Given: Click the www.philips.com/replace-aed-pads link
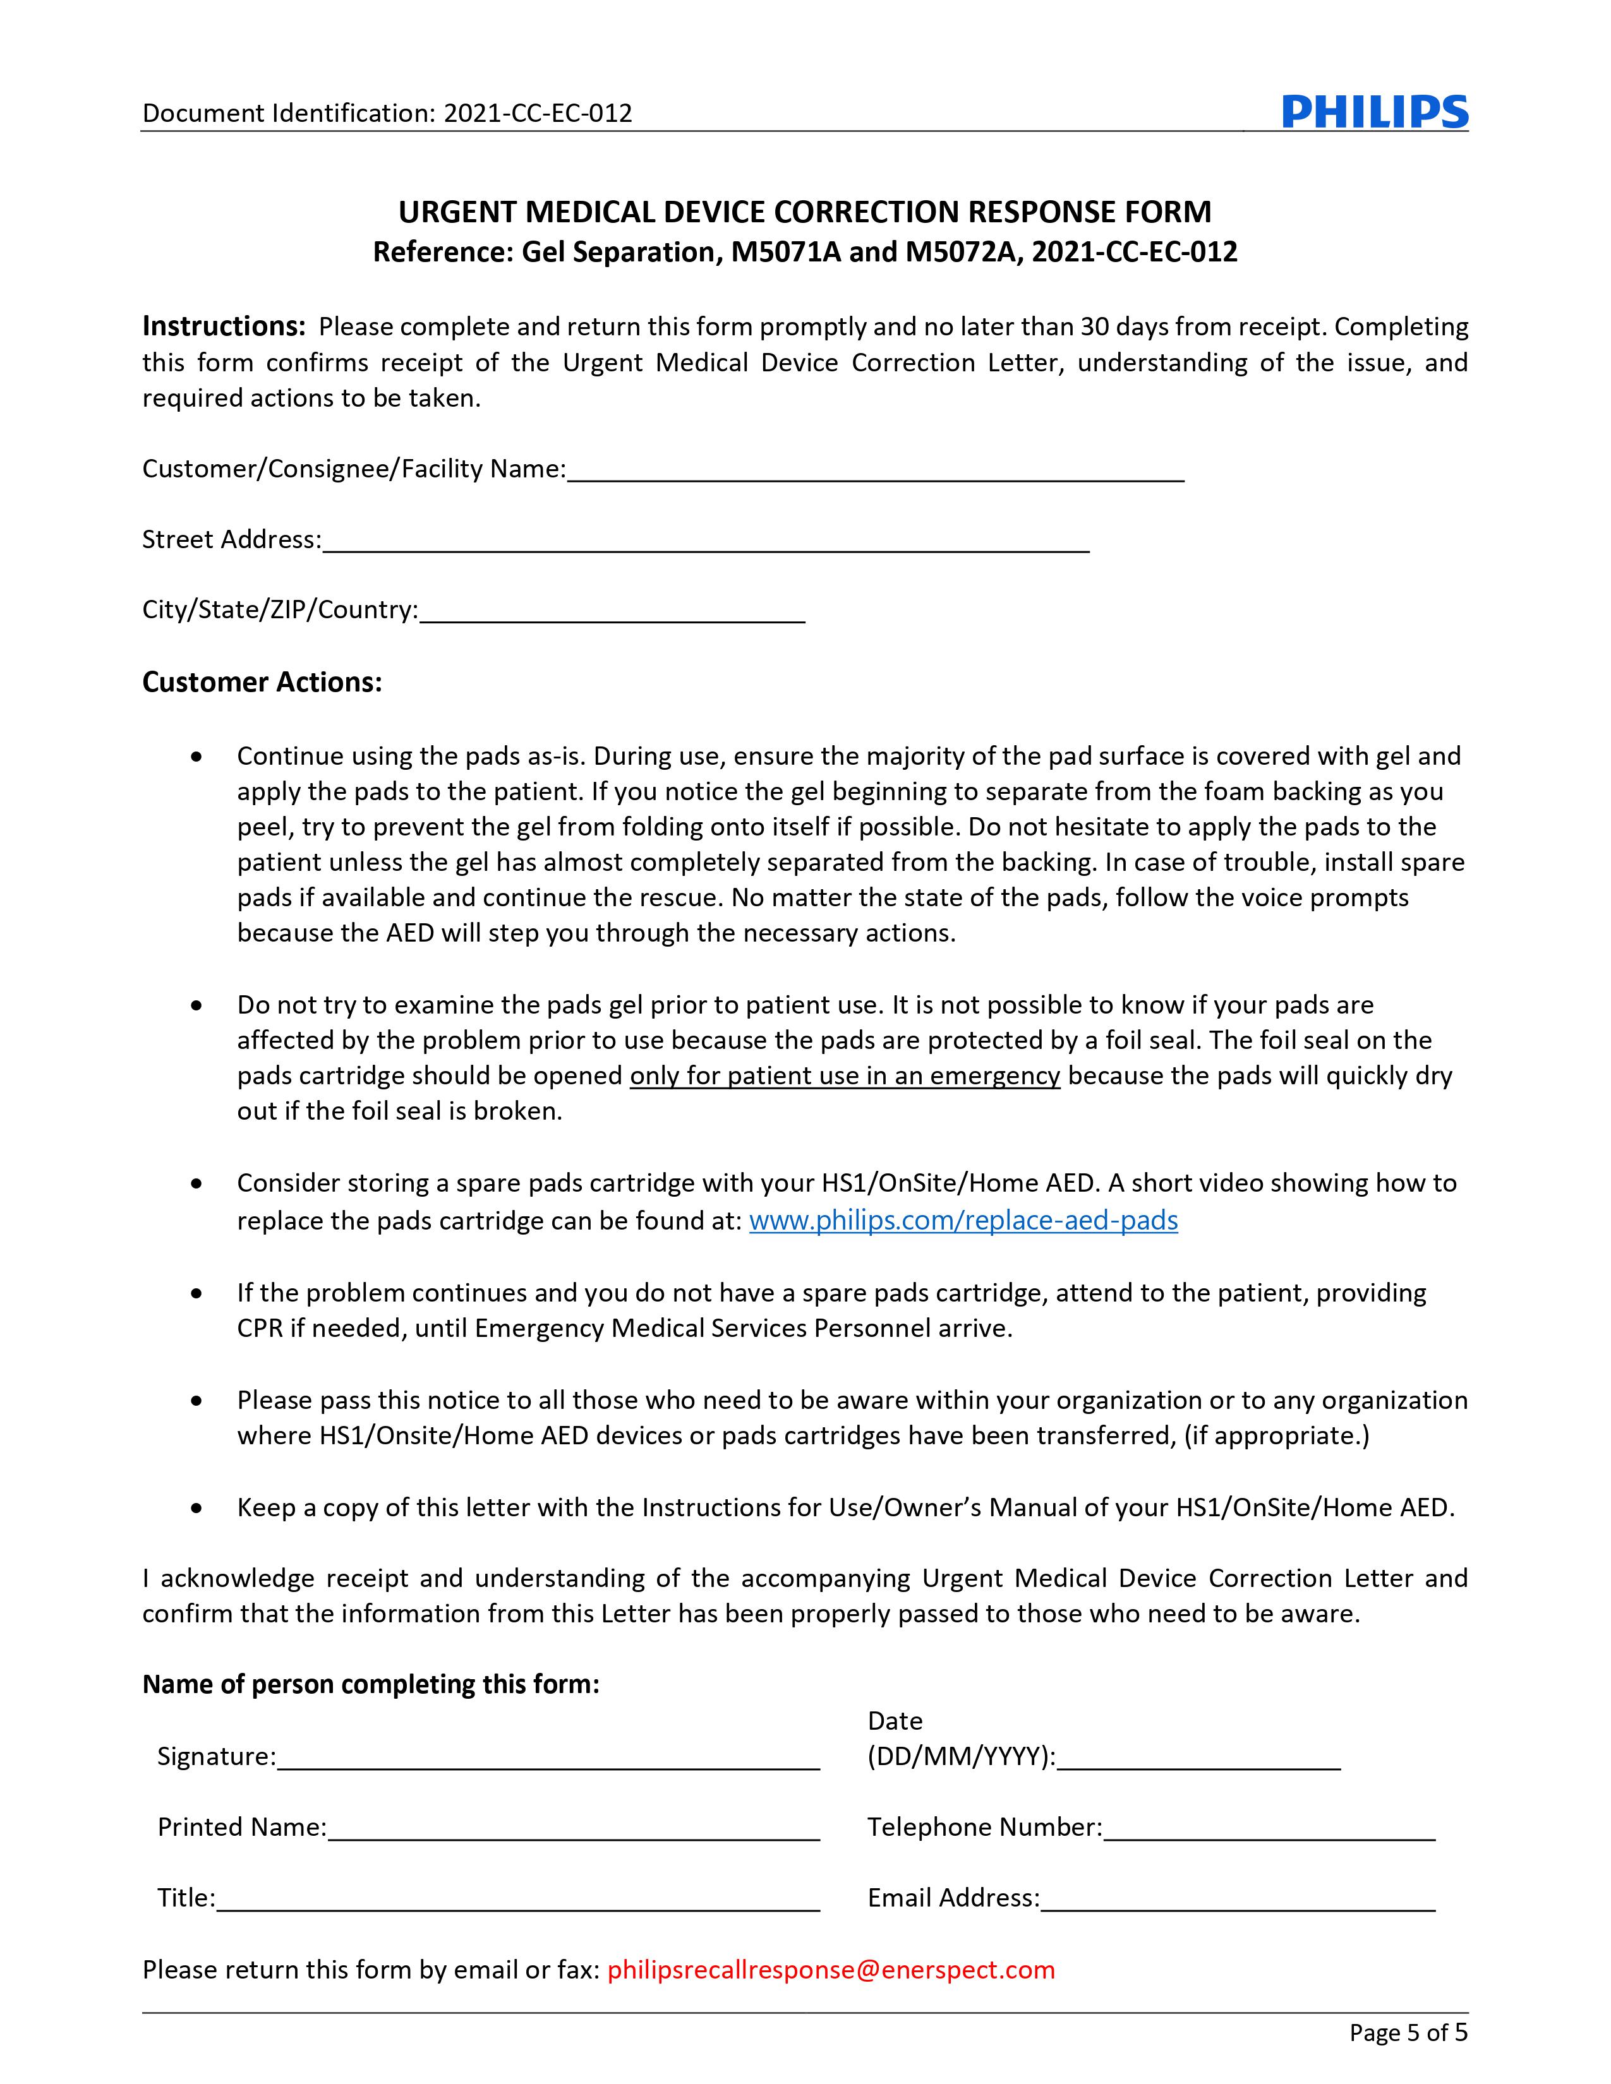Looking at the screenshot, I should pyautogui.click(x=963, y=1221).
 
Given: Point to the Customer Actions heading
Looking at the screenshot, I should pyautogui.click(x=262, y=682).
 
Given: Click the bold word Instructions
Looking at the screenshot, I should pyautogui.click(x=223, y=326).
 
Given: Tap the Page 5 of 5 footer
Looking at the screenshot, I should pyautogui.click(x=1408, y=2032).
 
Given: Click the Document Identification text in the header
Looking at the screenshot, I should pyautogui.click(x=387, y=114).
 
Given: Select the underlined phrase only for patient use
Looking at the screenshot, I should pyautogui.click(x=845, y=1076).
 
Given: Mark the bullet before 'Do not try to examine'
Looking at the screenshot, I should pyautogui.click(x=196, y=1006).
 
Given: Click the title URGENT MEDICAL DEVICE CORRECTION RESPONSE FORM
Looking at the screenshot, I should pyautogui.click(x=804, y=212).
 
